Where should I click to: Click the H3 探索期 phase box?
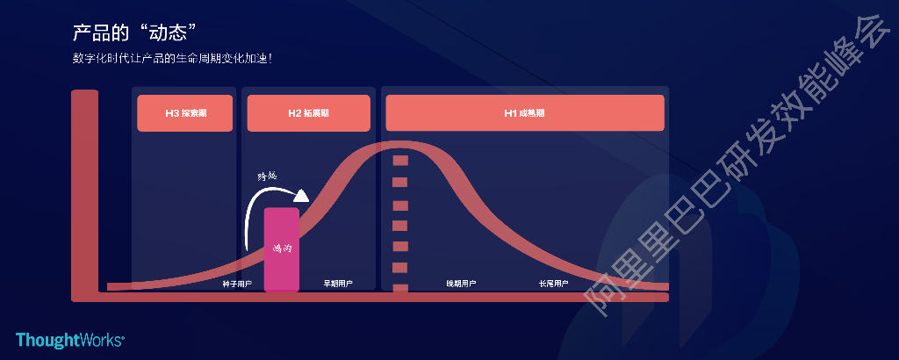tap(185, 113)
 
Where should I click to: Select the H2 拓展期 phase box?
tap(308, 113)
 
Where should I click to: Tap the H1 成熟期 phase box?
tap(524, 113)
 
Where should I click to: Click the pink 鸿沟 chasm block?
tap(282, 249)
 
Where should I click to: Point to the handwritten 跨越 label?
tap(267, 176)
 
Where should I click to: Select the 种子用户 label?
tap(237, 284)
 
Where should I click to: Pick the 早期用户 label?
tap(338, 284)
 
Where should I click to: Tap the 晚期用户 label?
tap(461, 284)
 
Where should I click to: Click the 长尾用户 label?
tap(553, 284)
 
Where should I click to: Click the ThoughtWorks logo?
tap(70, 340)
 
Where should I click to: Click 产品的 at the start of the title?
tap(101, 33)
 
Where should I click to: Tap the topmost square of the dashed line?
tap(400, 161)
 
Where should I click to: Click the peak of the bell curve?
tap(399, 146)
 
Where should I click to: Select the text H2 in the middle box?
tap(295, 113)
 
